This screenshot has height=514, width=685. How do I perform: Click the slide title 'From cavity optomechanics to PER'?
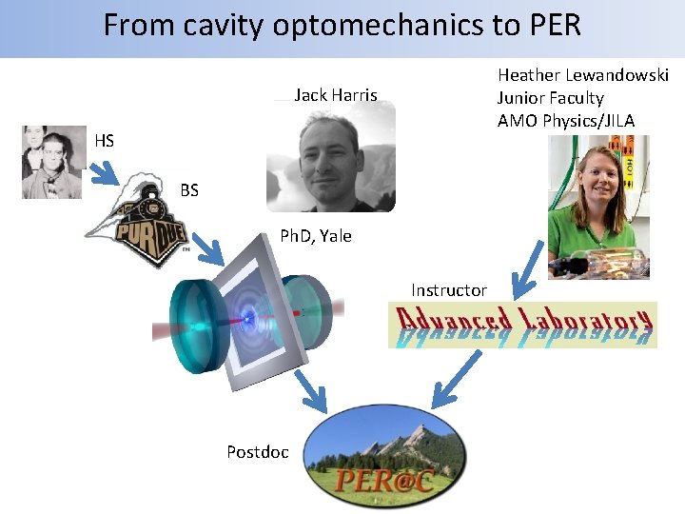click(342, 25)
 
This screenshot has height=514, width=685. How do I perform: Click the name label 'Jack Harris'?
click(336, 95)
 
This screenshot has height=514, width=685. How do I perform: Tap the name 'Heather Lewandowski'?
click(582, 75)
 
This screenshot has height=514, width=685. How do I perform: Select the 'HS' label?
click(105, 141)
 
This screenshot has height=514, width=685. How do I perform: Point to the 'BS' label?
click(189, 190)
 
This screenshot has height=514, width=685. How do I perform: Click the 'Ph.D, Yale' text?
click(315, 236)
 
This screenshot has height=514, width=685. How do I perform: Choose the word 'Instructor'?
click(449, 289)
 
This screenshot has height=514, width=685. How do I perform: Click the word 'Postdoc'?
click(257, 452)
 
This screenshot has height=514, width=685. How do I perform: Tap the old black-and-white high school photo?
click(53, 162)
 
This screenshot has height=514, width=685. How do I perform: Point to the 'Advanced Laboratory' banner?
click(523, 325)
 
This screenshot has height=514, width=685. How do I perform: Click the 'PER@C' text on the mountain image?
click(384, 479)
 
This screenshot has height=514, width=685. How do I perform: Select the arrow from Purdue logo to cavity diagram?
click(210, 248)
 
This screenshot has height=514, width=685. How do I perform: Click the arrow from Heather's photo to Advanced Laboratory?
click(527, 271)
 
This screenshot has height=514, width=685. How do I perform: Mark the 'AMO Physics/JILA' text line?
click(565, 120)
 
